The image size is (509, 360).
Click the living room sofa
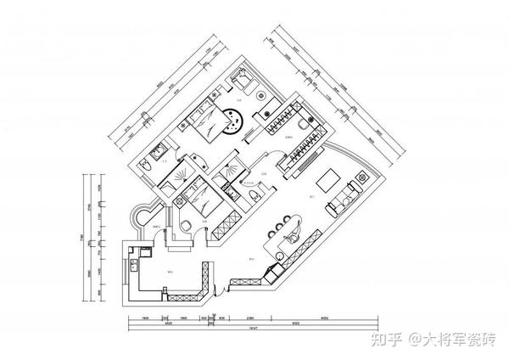click(346, 196)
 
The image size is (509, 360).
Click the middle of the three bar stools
click(286, 222)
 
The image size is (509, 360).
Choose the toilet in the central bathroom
click(252, 198)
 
